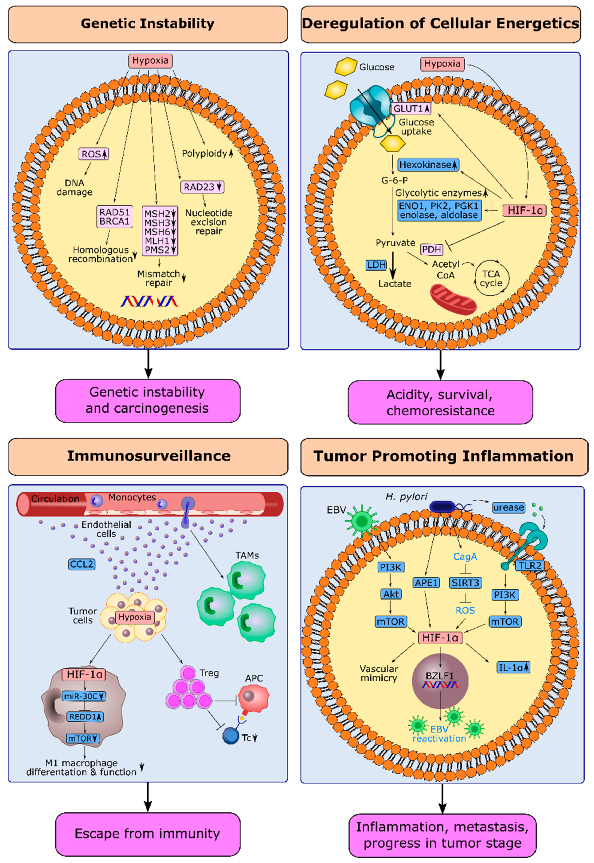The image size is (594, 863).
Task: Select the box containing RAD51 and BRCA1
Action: tap(114, 217)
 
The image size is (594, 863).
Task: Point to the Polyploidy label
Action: tap(204, 153)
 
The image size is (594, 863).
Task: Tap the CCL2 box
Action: tap(82, 564)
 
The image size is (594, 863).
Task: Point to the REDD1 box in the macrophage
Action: tap(85, 716)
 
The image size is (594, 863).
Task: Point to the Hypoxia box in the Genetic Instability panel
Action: tap(150, 61)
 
